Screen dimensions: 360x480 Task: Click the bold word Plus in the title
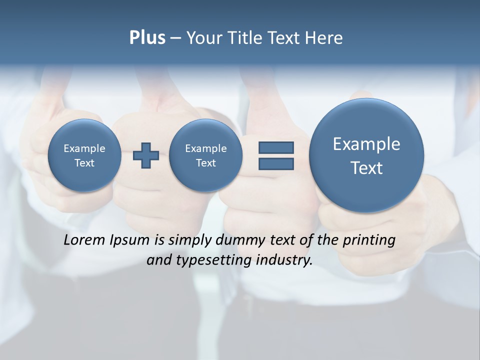coord(147,38)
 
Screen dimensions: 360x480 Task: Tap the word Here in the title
coord(324,38)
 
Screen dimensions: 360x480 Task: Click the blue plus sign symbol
coord(146,155)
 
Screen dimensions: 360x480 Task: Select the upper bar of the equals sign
coord(276,147)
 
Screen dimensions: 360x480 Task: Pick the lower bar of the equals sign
coord(276,163)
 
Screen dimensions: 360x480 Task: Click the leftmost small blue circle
coord(84,155)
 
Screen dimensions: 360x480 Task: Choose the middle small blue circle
coord(205,155)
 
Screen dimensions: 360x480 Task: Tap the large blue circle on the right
coord(366,155)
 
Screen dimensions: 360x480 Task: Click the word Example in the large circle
coord(366,144)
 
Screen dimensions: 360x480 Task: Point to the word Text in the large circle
coord(366,168)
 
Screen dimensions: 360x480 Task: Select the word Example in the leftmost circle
coord(84,148)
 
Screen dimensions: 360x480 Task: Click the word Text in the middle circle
coord(205,163)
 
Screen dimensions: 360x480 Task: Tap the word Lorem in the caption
coord(84,240)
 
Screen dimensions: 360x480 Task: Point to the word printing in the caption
coord(369,240)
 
